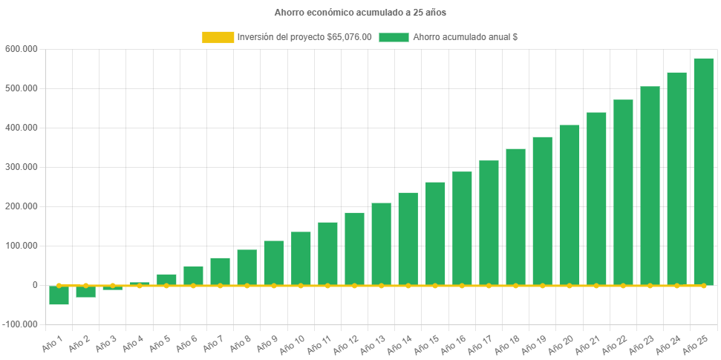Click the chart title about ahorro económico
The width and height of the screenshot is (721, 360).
[360, 13]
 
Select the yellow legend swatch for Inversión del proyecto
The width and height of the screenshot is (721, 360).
[218, 37]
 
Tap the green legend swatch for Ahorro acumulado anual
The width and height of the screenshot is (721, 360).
[394, 37]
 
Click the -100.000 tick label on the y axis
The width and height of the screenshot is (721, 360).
[22, 324]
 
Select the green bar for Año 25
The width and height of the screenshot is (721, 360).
[703, 171]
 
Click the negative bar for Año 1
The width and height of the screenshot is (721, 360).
[59, 295]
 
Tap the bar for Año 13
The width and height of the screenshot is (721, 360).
[382, 244]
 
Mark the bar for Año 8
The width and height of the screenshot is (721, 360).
[247, 267]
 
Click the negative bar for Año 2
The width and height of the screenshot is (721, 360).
[86, 292]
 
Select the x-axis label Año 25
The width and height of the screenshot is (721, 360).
[695, 342]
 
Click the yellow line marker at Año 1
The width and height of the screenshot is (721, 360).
[59, 285]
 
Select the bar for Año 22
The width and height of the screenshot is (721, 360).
[623, 192]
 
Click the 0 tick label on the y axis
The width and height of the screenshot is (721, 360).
[35, 285]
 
